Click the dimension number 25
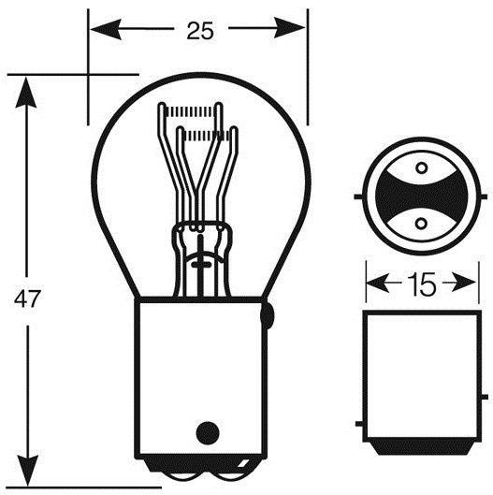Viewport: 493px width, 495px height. pos(200,31)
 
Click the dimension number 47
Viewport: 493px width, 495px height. pos(27,298)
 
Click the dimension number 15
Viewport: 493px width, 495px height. pos(422,284)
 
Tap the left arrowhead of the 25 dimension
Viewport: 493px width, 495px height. pos(106,29)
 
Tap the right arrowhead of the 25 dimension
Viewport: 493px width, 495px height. pos(289,28)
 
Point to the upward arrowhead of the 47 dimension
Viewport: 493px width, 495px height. pos(26,93)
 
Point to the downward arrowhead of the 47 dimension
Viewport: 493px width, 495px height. pos(28,471)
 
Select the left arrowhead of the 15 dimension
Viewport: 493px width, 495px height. pos(378,283)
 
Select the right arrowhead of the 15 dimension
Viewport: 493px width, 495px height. pos(464,282)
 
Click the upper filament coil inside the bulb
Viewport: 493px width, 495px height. pos(191,111)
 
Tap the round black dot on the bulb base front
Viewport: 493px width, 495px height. pos(208,433)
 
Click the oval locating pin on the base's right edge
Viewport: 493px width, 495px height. pos(267,315)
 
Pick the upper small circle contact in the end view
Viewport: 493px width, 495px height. pos(422,168)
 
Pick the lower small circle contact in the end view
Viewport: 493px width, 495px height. pos(421,224)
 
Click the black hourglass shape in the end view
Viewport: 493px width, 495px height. pos(421,197)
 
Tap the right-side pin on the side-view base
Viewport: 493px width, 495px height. pos(485,397)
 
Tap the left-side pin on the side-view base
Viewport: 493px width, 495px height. pos(359,424)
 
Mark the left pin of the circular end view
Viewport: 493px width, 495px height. pos(358,197)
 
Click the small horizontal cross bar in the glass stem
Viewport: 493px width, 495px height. pos(201,264)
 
